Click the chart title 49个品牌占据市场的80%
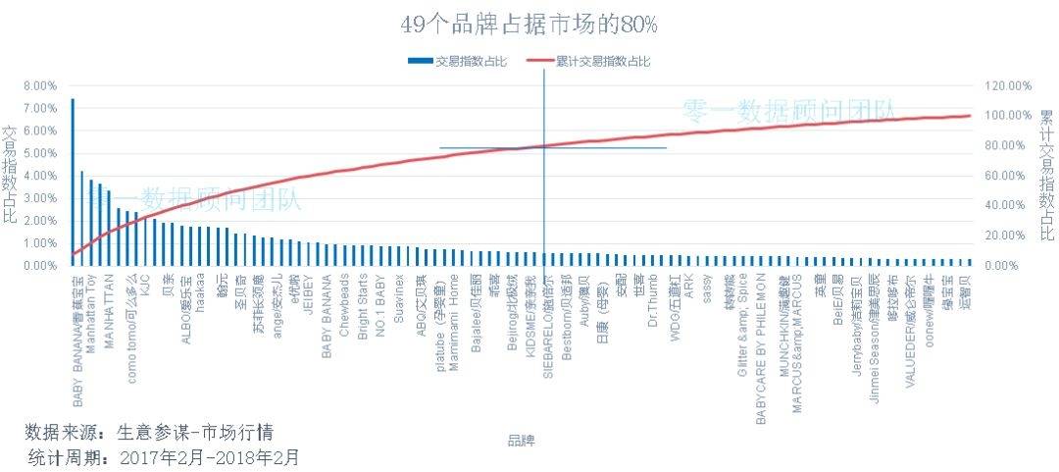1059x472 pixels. [x=529, y=24]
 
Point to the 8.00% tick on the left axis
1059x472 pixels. [x=39, y=85]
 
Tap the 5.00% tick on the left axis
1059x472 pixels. [x=39, y=153]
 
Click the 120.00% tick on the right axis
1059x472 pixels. [x=1008, y=85]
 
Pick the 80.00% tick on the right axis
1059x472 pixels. [x=1008, y=146]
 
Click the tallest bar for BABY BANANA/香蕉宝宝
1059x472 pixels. [x=73, y=182]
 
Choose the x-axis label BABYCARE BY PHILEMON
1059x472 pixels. [x=761, y=348]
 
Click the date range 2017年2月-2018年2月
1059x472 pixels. [x=209, y=457]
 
